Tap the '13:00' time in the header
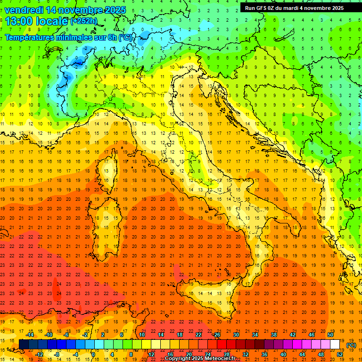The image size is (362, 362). click(19, 21)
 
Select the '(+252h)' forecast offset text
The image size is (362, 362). click(83, 21)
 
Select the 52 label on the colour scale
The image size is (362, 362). click(340, 354)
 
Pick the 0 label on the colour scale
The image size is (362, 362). click(93, 354)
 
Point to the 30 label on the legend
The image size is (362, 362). click(236, 335)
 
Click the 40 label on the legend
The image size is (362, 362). click(283, 354)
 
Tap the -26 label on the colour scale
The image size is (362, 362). click(216, 335)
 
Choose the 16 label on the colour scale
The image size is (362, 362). click(170, 354)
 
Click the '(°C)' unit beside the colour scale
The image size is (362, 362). click(351, 345)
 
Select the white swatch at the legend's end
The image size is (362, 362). click(335, 345)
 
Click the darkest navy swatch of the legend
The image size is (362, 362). click(24, 345)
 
